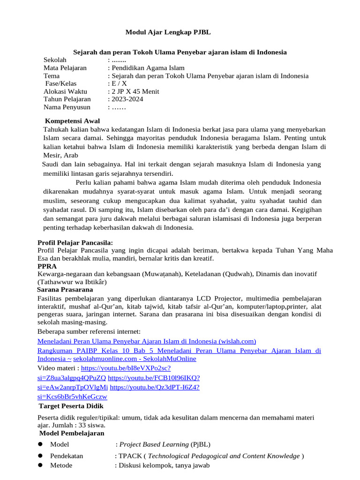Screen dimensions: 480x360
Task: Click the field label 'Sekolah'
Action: coord(55,60)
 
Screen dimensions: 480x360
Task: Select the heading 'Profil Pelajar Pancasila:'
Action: coord(75,242)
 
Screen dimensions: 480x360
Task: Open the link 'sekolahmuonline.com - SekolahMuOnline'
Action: coord(135,359)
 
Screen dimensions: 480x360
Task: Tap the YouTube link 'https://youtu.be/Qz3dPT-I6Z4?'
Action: coord(155,387)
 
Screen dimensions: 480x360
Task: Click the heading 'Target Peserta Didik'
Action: coord(71,406)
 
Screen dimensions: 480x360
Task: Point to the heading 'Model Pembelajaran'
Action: coord(72,433)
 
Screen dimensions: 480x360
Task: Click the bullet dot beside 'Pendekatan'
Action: coord(41,456)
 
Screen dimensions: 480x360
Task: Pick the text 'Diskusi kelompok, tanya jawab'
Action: coord(164,465)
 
